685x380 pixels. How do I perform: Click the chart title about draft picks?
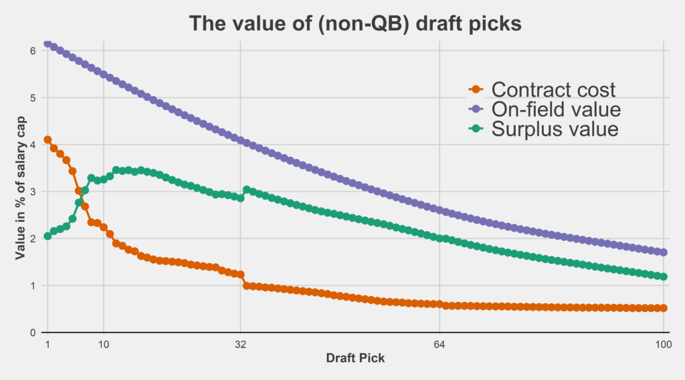tap(355, 23)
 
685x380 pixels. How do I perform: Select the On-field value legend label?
tap(555, 108)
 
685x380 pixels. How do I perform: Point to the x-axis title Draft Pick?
tap(355, 358)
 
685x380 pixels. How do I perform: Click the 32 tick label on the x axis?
tap(240, 345)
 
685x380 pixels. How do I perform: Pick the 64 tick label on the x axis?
tap(439, 345)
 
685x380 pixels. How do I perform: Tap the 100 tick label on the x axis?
tap(663, 345)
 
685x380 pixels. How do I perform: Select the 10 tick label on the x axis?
tap(103, 345)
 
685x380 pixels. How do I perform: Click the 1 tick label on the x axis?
tap(47, 345)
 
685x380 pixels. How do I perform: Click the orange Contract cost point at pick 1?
tap(47, 140)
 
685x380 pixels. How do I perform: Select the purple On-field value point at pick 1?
tap(47, 43)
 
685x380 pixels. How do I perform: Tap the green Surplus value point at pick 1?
tap(47, 236)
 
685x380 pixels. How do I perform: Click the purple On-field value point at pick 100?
tap(663, 252)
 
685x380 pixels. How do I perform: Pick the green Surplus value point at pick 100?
tap(663, 276)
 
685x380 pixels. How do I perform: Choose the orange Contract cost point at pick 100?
tap(663, 308)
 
